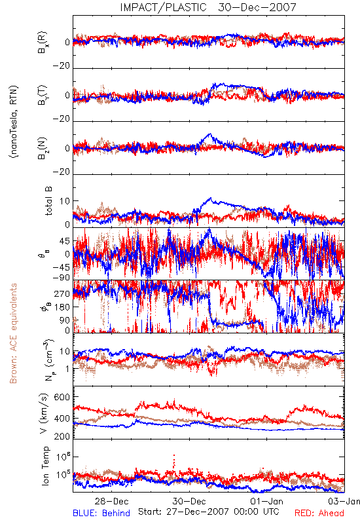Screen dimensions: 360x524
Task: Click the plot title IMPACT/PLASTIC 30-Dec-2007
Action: [208, 7]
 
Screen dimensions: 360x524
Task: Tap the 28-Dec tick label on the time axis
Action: [111, 501]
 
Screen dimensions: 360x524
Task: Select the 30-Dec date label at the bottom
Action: [189, 501]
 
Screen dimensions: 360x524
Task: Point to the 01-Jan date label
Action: [266, 501]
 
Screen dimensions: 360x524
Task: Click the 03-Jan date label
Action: [344, 501]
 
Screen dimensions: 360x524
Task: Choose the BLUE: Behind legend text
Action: [101, 513]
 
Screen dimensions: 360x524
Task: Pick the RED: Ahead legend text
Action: [319, 513]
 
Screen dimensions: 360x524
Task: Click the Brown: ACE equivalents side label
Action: [13, 333]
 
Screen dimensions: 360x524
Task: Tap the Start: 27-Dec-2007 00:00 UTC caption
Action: [208, 512]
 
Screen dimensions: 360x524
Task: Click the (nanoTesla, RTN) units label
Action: [14, 122]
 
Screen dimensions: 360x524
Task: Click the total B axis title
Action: [48, 201]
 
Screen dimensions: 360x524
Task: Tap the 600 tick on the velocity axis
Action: [62, 397]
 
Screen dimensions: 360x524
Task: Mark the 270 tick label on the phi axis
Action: [62, 293]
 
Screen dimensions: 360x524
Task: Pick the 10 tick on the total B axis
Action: [65, 201]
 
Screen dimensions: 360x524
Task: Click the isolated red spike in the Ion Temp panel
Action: [173, 461]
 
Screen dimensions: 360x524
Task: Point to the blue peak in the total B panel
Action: [210, 198]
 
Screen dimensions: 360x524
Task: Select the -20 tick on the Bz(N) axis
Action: [62, 172]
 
